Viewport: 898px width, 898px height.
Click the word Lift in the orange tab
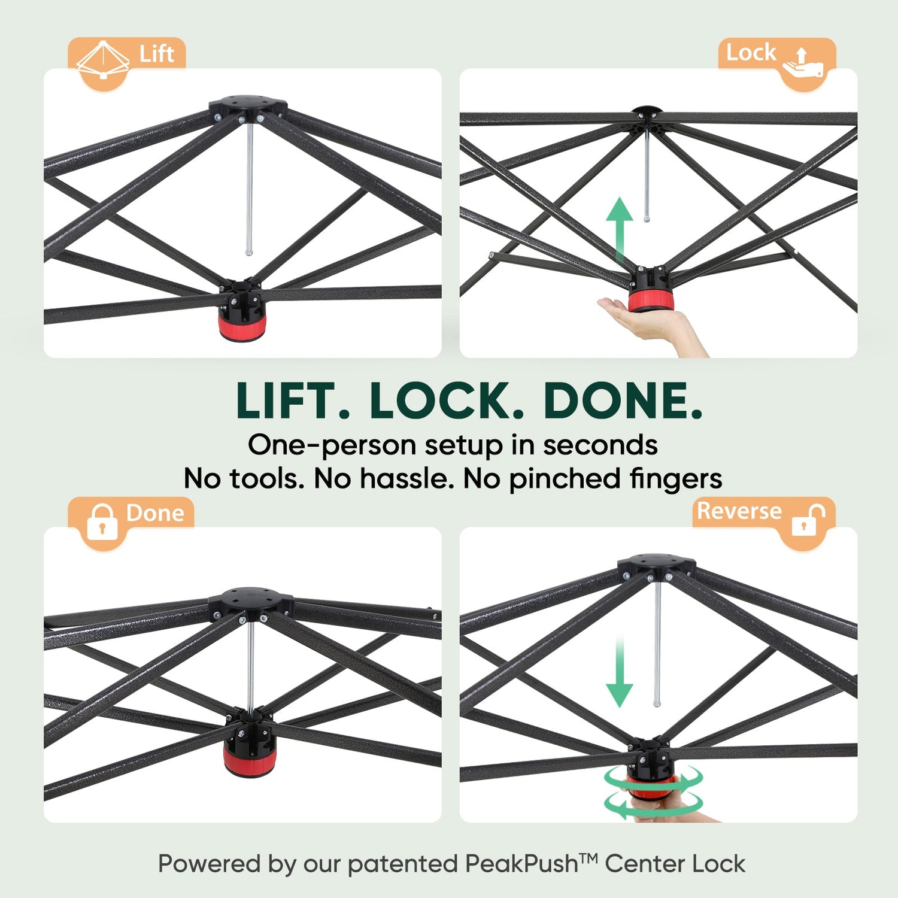[x=156, y=54]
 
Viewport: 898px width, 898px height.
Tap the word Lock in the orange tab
[x=751, y=53]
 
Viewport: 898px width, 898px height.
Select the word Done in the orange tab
[x=155, y=513]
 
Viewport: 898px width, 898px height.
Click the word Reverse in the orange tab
[x=739, y=511]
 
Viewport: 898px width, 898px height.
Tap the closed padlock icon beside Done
[x=102, y=521]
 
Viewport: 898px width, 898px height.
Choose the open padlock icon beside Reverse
[x=808, y=518]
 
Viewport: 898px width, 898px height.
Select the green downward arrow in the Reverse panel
[x=620, y=672]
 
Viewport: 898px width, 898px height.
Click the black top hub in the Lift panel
[x=248, y=107]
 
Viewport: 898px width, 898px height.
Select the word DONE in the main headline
[x=623, y=401]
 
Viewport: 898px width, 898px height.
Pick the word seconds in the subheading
[x=600, y=445]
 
